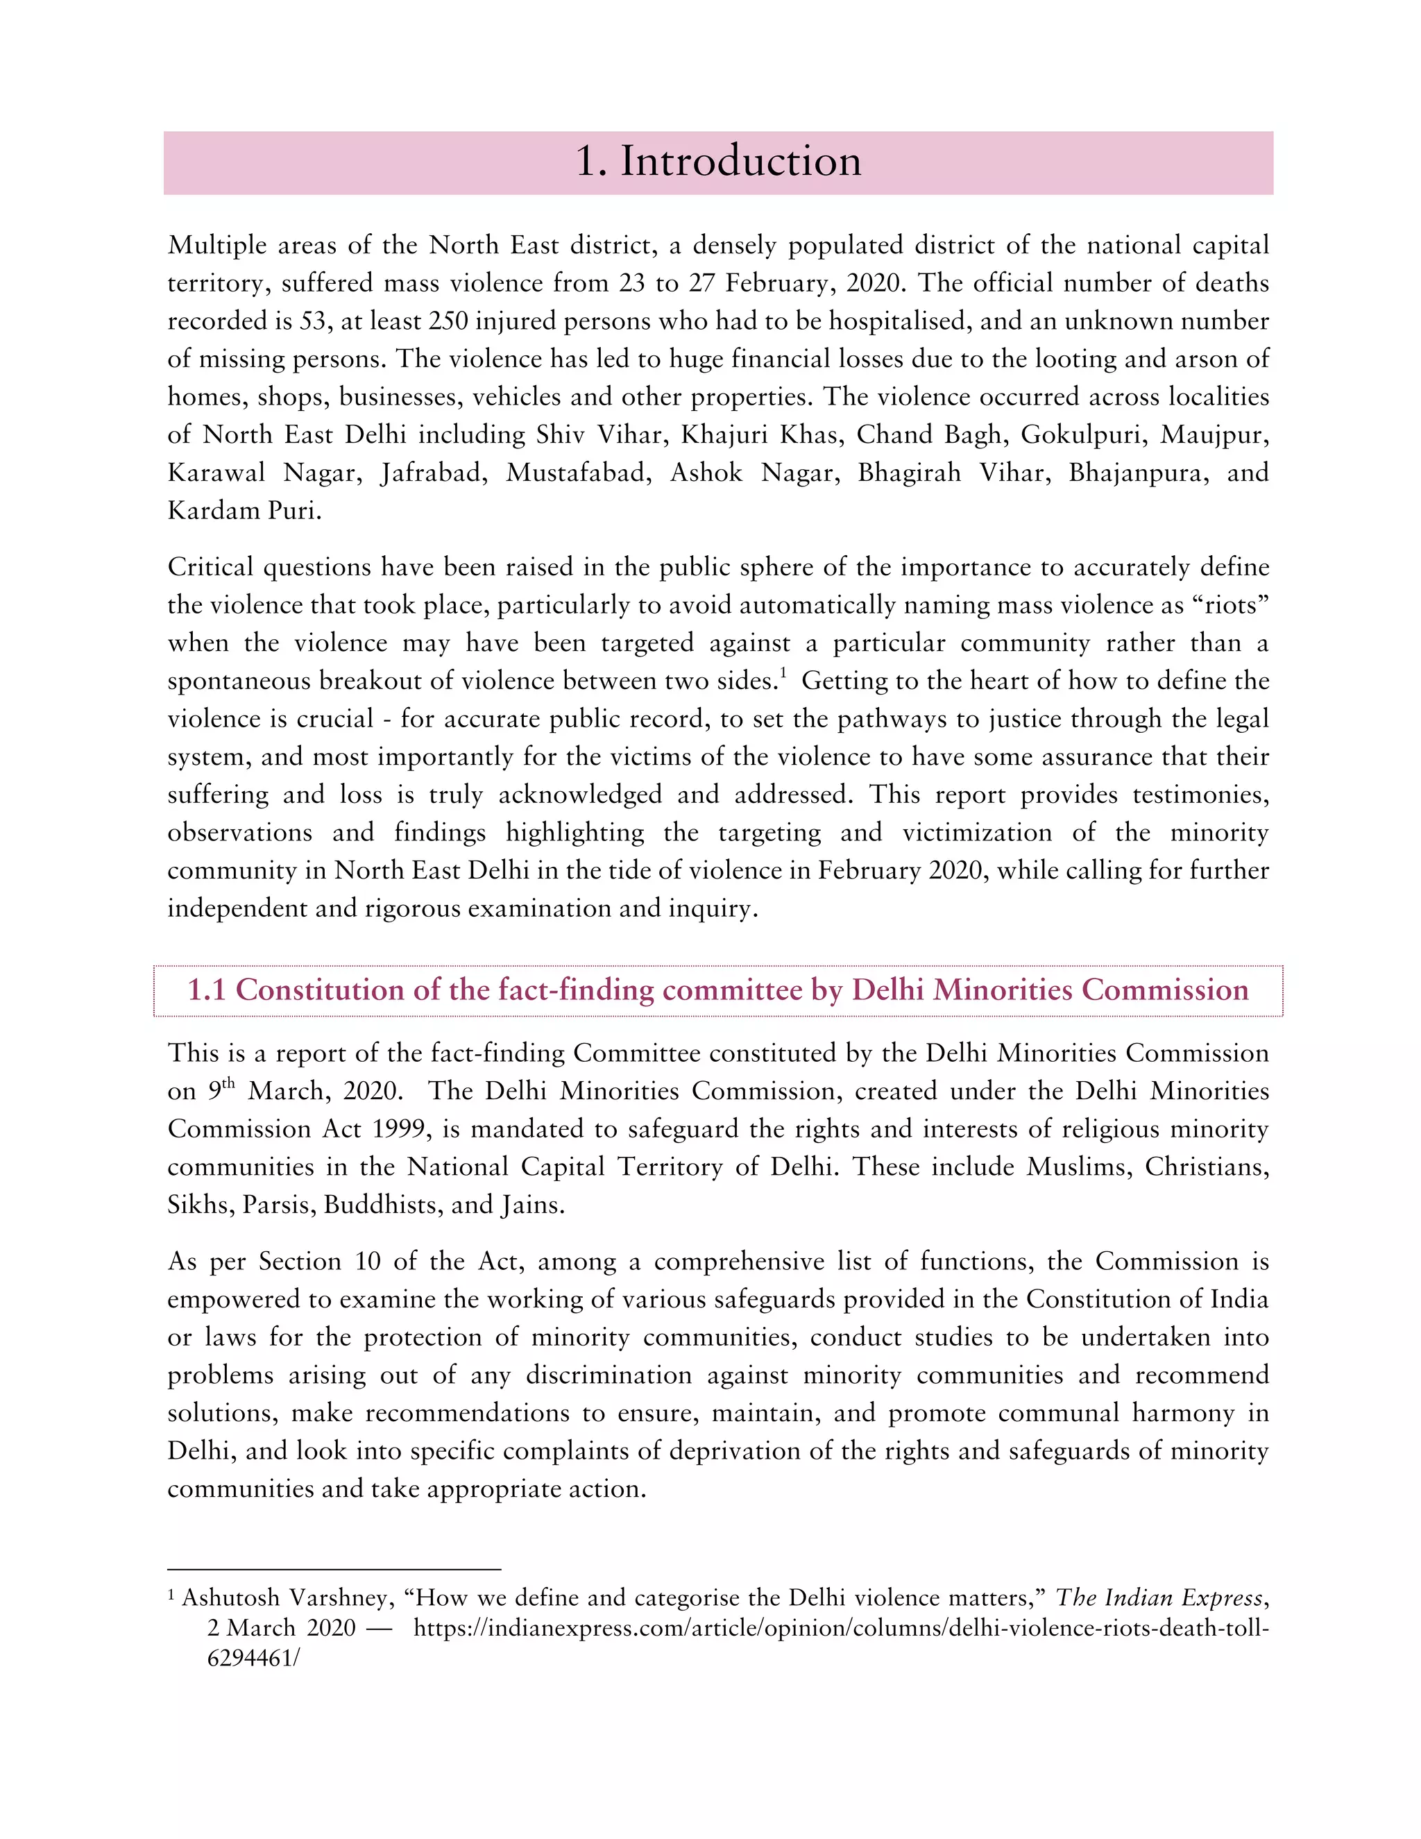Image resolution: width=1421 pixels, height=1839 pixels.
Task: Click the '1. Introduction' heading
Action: tap(718, 161)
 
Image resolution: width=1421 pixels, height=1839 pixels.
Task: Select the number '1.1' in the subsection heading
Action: tap(206, 990)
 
